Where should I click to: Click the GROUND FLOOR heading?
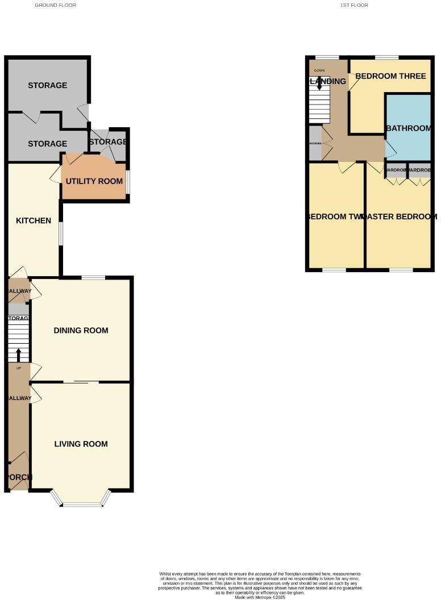(x=55, y=5)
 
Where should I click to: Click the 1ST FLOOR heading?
(x=354, y=5)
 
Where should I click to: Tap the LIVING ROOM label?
(x=81, y=444)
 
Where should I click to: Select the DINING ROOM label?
(x=81, y=330)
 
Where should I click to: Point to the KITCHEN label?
(x=34, y=220)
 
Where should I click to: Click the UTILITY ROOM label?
(x=94, y=181)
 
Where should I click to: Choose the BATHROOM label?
(x=408, y=128)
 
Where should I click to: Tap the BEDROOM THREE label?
(x=390, y=76)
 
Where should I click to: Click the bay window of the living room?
(x=81, y=503)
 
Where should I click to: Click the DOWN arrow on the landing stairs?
(x=319, y=82)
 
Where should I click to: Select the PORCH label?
(x=18, y=477)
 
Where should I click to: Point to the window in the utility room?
(x=127, y=182)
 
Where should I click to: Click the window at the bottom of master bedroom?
(x=401, y=270)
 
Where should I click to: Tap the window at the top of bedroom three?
(x=386, y=57)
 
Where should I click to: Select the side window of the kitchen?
(x=61, y=234)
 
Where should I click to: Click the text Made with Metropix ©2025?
(x=259, y=597)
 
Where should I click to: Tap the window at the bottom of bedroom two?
(x=334, y=270)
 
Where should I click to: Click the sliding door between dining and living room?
(x=81, y=382)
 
